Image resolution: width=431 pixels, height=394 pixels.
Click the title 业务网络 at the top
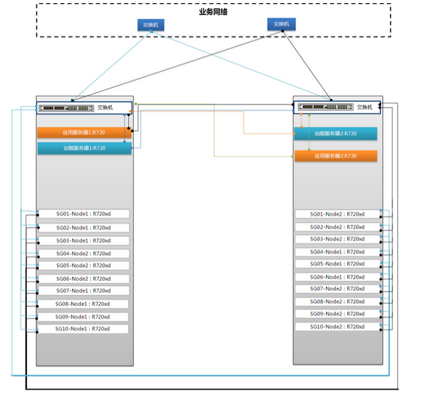tap(213, 12)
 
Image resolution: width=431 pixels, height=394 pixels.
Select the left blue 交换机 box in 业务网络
tap(151, 25)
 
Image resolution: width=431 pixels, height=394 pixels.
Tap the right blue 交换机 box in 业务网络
tap(281, 24)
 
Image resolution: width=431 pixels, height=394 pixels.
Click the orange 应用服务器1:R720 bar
tap(84, 133)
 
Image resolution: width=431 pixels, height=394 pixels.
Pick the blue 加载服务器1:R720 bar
tap(84, 148)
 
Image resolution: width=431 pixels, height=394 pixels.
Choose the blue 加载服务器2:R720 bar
tap(336, 134)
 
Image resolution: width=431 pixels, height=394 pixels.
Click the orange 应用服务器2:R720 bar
tap(336, 156)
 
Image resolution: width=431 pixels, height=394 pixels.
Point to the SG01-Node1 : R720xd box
tap(84, 214)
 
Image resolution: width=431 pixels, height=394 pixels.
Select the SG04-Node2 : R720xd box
tap(84, 253)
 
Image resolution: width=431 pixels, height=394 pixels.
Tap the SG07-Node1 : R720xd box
tap(84, 290)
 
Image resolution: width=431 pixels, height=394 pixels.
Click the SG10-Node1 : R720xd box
tap(83, 328)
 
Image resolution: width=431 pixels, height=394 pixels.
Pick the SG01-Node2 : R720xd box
tap(338, 214)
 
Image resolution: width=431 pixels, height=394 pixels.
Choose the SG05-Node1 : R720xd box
tap(338, 264)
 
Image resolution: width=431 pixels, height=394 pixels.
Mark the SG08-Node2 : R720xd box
tap(338, 301)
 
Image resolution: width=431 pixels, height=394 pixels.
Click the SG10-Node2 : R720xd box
tap(338, 326)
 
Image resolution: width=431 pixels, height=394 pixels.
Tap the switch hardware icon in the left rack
tap(66, 108)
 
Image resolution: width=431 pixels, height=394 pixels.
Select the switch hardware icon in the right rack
tap(326, 106)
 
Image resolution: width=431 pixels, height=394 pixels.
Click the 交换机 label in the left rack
tap(105, 108)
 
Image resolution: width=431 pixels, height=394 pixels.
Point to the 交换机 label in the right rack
tap(365, 107)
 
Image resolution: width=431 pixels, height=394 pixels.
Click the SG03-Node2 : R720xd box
tap(338, 239)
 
